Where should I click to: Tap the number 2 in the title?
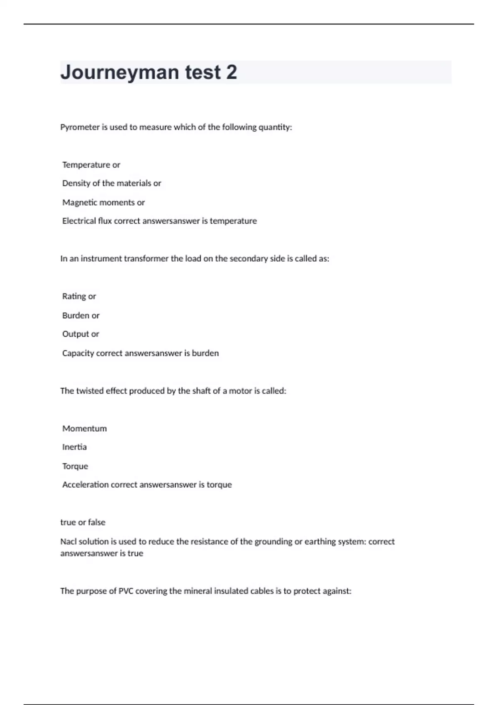point(232,73)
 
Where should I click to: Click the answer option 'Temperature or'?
point(91,165)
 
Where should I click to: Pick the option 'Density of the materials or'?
point(112,183)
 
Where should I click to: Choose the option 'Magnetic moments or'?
point(103,202)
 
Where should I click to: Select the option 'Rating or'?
point(79,297)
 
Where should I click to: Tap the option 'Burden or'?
point(81,316)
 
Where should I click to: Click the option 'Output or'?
point(81,334)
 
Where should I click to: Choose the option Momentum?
point(85,429)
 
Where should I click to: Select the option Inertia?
point(75,447)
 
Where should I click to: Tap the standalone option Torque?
point(75,466)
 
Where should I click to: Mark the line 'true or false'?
point(83,523)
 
